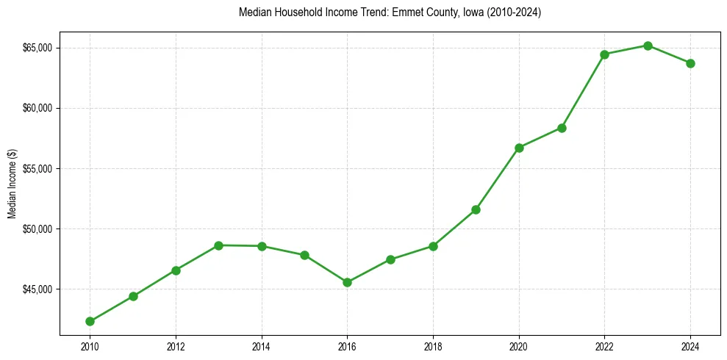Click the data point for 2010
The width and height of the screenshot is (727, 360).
90,321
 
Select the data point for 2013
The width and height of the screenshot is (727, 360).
218,245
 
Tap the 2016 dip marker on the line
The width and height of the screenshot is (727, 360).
347,282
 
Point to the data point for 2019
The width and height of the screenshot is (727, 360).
476,209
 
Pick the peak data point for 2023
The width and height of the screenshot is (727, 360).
648,46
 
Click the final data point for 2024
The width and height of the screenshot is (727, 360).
690,63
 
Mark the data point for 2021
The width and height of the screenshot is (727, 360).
562,128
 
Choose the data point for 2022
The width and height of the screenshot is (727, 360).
604,54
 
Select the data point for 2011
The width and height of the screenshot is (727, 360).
133,296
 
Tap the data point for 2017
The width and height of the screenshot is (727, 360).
390,259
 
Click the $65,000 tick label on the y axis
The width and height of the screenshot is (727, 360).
37,48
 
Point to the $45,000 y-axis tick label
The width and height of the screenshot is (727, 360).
37,289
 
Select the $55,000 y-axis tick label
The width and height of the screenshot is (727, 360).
37,168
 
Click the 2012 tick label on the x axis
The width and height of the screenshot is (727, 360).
176,346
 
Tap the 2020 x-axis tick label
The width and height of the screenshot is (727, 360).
519,346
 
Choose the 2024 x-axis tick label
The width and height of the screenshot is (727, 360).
690,346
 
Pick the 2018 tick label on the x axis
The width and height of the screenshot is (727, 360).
433,346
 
